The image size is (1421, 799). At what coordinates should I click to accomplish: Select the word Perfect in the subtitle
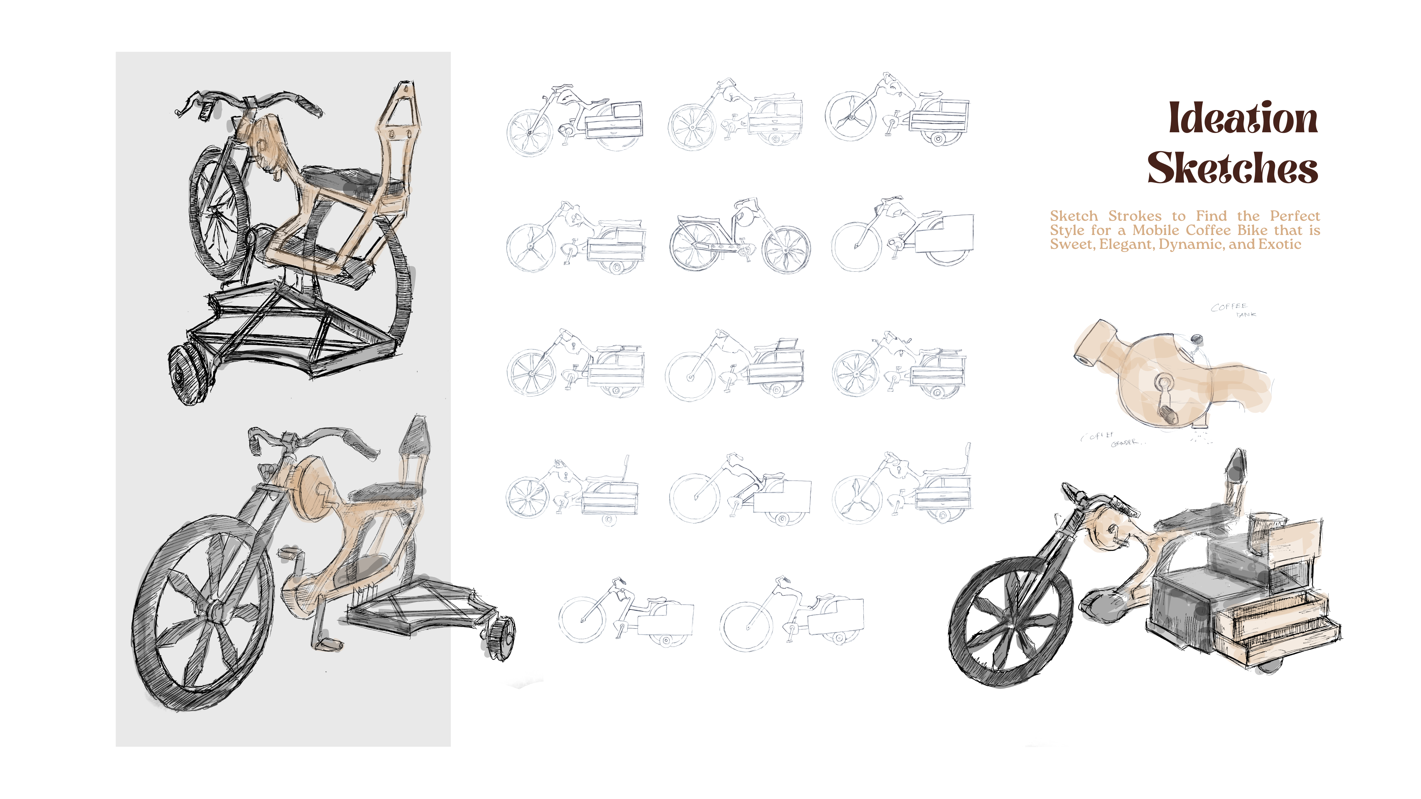[x=1295, y=216]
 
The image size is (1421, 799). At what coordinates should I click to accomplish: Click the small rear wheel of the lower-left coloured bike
[x=500, y=638]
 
